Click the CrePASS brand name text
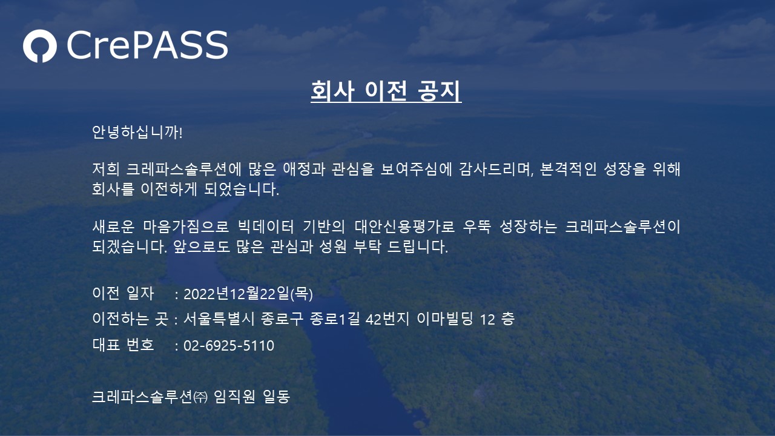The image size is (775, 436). [147, 45]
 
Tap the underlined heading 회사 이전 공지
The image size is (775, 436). [386, 91]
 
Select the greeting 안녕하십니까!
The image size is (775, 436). [137, 132]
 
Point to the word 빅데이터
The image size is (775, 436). [266, 226]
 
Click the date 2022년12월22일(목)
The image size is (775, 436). [248, 294]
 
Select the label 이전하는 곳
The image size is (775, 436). [130, 319]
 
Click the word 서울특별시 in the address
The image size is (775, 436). [219, 319]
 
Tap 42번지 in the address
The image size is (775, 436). [387, 319]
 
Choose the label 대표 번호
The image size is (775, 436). [123, 345]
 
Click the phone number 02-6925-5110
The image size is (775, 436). [229, 346]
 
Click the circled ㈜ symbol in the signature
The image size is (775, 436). [200, 397]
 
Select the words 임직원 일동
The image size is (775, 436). [252, 397]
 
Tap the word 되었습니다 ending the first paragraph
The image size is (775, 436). [242, 190]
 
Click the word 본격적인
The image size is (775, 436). [568, 169]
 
